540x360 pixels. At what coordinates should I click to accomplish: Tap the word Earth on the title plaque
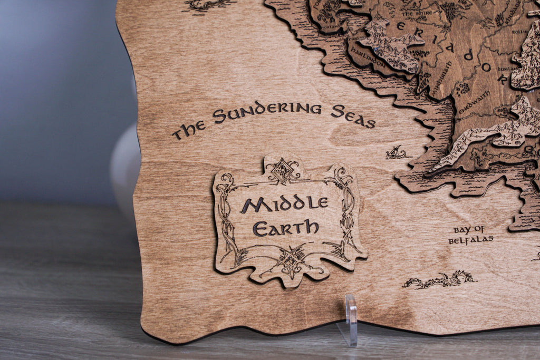pyautogui.click(x=285, y=228)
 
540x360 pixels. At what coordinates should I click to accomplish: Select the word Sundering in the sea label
pyautogui.click(x=267, y=112)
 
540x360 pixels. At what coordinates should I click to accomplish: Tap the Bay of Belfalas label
pyautogui.click(x=470, y=235)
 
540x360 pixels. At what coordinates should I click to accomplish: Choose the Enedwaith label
pyautogui.click(x=474, y=102)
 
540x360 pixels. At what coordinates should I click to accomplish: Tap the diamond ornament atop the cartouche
pyautogui.click(x=283, y=170)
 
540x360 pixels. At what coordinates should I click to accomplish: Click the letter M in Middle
pyautogui.click(x=249, y=206)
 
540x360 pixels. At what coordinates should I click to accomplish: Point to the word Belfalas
pyautogui.click(x=470, y=240)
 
